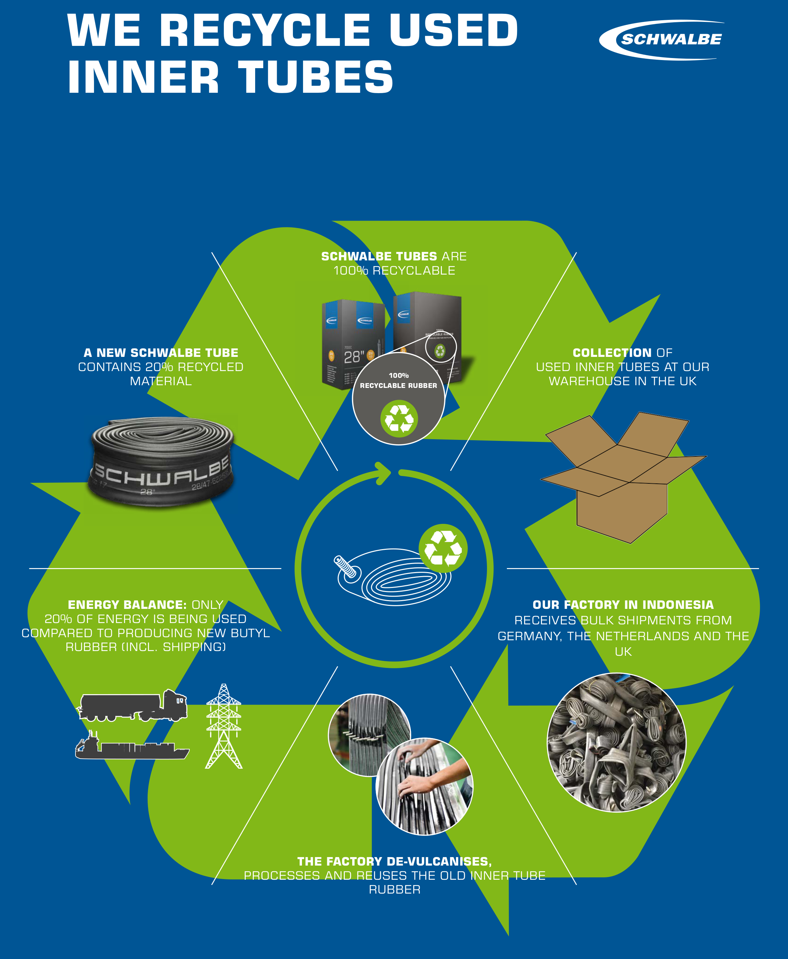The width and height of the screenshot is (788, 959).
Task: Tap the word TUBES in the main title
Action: coord(315,77)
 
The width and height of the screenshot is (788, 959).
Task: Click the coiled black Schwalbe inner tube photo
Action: coord(161,461)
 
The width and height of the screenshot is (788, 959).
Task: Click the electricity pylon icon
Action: coord(223,727)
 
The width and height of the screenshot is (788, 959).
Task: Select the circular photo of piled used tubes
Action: coord(616,742)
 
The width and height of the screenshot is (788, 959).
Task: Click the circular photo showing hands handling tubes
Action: coord(424,786)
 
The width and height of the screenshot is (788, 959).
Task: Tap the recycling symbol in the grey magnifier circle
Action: coord(399,418)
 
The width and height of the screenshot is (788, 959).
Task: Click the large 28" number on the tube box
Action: coord(354,357)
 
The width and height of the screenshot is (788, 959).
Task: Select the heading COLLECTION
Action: coord(612,353)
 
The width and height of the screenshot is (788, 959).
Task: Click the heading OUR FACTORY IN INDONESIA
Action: coord(623,605)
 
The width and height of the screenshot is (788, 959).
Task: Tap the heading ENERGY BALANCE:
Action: coord(127,605)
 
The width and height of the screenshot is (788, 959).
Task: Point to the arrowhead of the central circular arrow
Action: coord(384,473)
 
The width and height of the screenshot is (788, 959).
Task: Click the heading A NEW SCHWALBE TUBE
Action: coord(161,353)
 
